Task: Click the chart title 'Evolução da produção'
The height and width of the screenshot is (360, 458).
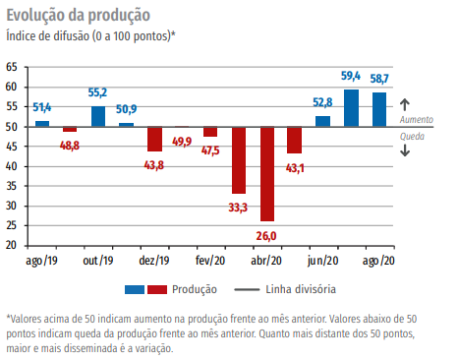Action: (79, 15)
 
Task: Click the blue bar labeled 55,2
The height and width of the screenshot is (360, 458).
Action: (98, 116)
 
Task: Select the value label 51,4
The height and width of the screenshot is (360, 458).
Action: (42, 106)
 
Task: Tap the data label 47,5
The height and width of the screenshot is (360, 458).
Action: (210, 150)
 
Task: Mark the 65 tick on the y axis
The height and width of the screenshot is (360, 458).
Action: (12, 67)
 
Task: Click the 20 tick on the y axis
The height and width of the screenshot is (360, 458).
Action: (12, 246)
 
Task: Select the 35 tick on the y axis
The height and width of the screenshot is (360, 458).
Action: (12, 186)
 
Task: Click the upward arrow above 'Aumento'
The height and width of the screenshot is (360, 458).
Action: (404, 103)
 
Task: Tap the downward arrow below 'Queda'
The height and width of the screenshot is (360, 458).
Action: (404, 150)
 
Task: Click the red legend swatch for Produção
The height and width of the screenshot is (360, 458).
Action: (158, 289)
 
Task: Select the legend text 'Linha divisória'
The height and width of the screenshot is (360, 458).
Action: (301, 289)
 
